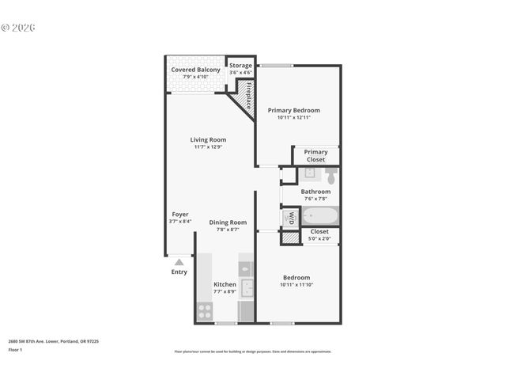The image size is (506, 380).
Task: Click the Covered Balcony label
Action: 195,70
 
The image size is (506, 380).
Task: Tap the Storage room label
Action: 240,66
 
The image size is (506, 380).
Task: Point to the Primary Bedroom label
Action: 293,110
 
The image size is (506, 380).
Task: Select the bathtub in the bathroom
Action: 320,216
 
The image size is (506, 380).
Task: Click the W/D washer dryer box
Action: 290,216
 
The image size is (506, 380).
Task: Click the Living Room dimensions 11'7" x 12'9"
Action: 209,146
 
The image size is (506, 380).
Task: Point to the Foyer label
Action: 180,214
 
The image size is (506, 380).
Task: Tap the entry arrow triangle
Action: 179,262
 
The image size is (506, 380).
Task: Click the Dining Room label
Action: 228,222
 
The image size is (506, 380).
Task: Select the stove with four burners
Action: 205,310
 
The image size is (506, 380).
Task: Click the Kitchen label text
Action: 225,284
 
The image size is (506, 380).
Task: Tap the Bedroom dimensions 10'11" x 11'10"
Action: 296,285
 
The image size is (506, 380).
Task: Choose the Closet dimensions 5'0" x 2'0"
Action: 319,238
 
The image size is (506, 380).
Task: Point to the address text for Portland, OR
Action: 54,341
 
